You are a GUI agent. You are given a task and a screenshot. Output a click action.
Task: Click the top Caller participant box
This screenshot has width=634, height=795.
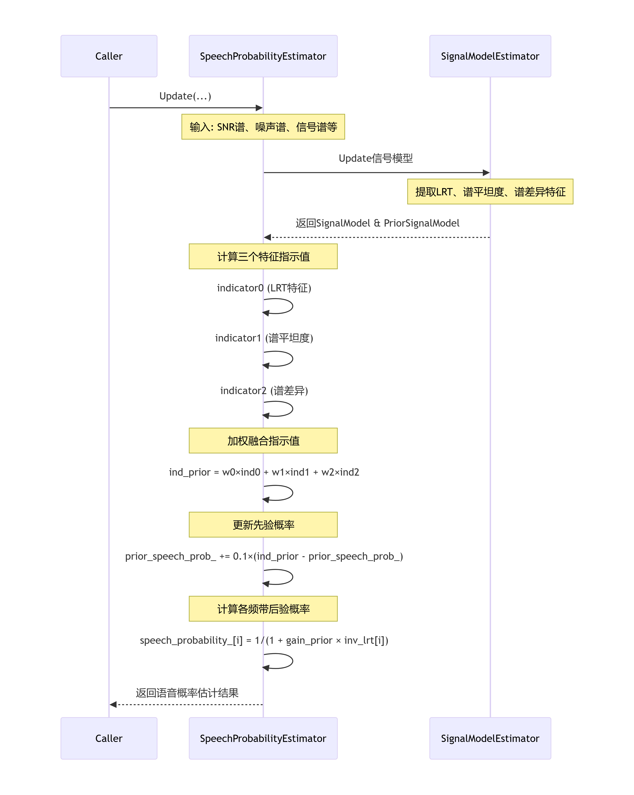(x=109, y=56)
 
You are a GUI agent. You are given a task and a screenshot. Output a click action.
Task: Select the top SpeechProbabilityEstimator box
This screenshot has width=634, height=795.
(x=263, y=56)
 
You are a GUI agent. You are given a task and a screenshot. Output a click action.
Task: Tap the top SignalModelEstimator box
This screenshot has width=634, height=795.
(x=490, y=56)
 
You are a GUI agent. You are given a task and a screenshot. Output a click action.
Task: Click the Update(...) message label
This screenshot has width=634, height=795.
(x=185, y=96)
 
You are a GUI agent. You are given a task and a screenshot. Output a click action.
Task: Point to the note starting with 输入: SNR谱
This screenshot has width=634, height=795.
(x=263, y=127)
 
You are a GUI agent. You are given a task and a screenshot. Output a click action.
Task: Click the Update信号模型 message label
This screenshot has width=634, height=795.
(x=376, y=158)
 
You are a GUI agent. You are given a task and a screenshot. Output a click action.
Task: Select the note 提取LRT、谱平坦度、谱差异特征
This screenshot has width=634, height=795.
(x=490, y=192)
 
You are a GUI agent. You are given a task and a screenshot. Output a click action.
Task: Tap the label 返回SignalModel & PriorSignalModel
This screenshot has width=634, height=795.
(x=377, y=223)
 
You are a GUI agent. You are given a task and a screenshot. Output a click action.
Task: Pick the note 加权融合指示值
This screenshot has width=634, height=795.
(x=263, y=441)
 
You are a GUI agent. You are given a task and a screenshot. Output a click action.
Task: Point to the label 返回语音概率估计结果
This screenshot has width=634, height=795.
(x=187, y=693)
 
